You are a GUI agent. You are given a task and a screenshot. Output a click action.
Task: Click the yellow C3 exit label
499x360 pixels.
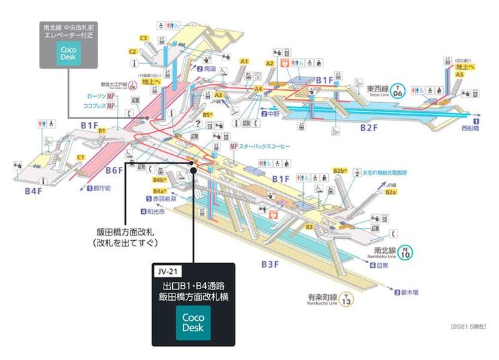click(x=143, y=38)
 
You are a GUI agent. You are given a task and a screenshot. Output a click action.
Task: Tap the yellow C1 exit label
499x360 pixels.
click(x=80, y=157)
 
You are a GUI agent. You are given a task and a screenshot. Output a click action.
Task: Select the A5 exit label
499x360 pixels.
click(x=459, y=75)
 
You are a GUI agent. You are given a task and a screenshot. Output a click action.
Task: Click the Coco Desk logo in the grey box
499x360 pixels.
click(x=69, y=54)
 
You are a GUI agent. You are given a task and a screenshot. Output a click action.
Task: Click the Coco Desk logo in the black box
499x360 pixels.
click(x=194, y=323)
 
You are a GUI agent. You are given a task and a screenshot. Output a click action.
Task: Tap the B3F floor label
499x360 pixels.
click(x=270, y=264)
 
